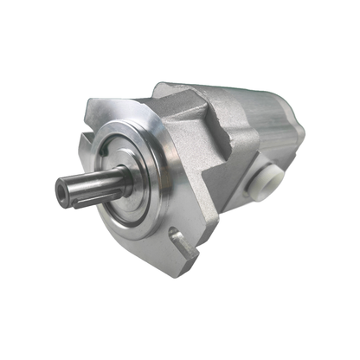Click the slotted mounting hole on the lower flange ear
[x=180, y=240]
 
